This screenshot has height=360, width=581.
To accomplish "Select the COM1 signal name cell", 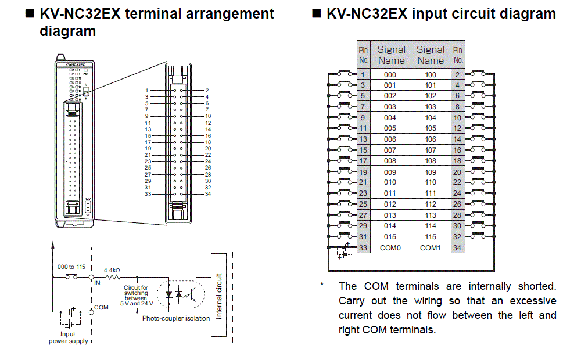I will (x=430, y=248).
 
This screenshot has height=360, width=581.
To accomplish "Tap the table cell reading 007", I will (x=390, y=150).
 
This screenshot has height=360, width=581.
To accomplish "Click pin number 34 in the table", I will (x=458, y=248).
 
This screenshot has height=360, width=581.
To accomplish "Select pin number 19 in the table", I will (x=363, y=172).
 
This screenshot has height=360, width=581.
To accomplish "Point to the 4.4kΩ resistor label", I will (x=112, y=270).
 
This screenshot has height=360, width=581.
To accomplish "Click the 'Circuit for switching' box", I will (x=136, y=296).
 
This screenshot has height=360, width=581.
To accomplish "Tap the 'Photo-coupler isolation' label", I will (x=176, y=318).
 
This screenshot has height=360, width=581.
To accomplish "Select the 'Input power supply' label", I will (x=69, y=337).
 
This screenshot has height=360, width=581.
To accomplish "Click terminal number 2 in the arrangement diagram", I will (x=207, y=91).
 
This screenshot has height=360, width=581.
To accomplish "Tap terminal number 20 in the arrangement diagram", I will (x=208, y=149).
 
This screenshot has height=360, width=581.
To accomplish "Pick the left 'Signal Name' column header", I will (x=391, y=55).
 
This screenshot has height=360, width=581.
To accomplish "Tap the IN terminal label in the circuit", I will (x=97, y=283).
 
